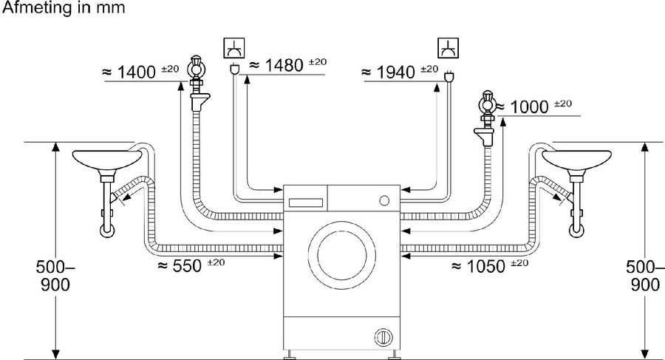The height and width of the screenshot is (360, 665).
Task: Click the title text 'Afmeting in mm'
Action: (x=63, y=8)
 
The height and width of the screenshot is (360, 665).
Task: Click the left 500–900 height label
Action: (x=54, y=275)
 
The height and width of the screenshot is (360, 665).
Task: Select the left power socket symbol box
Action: (x=233, y=48)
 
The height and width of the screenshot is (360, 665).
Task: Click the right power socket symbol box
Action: (x=447, y=48)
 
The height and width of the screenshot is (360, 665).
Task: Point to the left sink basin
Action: (x=108, y=158)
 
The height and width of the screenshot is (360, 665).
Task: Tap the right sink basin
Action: (x=576, y=158)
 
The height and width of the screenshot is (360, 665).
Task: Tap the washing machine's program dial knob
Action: (x=383, y=200)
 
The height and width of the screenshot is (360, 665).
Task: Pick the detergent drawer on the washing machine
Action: (x=306, y=200)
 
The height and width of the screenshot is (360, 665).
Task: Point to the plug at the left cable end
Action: (x=235, y=71)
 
